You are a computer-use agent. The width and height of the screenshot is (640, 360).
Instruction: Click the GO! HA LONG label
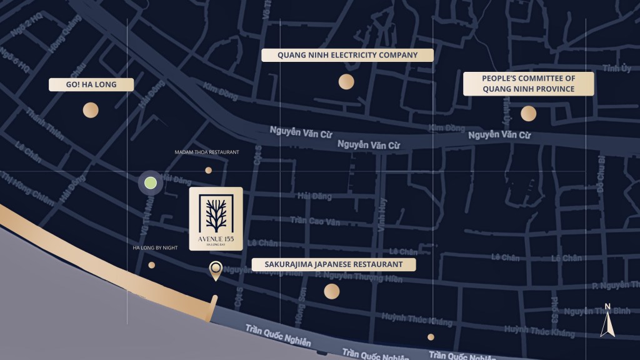(91, 84)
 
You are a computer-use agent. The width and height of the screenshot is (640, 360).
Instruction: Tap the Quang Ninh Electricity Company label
(347, 55)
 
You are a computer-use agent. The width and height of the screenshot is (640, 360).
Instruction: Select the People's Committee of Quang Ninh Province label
(528, 84)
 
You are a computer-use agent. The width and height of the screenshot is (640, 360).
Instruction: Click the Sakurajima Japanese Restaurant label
(334, 264)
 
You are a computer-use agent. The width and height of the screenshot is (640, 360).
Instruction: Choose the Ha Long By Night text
(155, 248)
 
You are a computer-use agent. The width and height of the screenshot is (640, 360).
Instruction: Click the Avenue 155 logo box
(216, 219)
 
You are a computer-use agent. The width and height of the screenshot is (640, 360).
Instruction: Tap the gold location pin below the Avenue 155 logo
(216, 270)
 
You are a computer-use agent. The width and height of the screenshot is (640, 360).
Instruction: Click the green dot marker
(151, 183)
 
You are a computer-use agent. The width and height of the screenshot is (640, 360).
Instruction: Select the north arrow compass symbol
(606, 321)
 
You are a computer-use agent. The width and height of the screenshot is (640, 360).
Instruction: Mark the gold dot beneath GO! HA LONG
(91, 111)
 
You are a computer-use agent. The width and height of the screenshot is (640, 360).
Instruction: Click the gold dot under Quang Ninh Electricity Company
(346, 81)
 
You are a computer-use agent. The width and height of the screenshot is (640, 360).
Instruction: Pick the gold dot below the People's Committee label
(528, 113)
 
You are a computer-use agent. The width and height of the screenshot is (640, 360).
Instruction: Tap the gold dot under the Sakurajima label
(331, 291)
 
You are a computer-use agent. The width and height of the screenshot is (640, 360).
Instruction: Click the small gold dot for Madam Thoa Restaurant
(208, 170)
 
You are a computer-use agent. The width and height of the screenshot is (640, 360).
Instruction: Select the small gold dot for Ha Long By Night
(151, 265)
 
